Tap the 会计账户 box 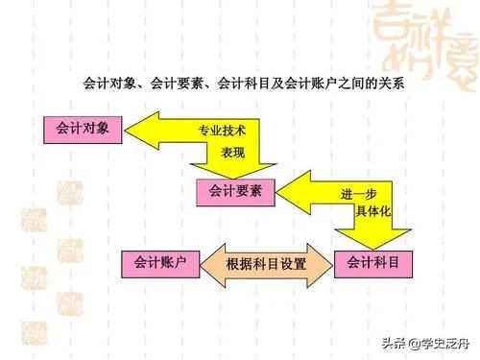pos(161,261)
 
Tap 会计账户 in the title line pos(310,84)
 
